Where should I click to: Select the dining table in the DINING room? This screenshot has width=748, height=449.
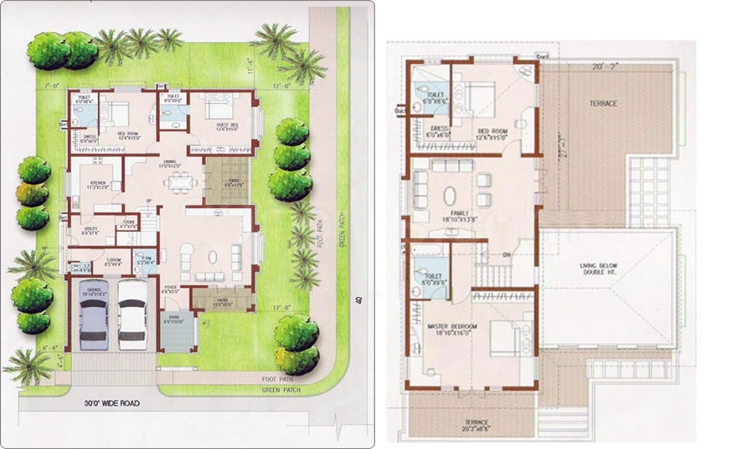[179, 182]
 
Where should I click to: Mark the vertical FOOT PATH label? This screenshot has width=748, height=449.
[319, 232]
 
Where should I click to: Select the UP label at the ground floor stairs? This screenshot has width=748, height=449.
[148, 201]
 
